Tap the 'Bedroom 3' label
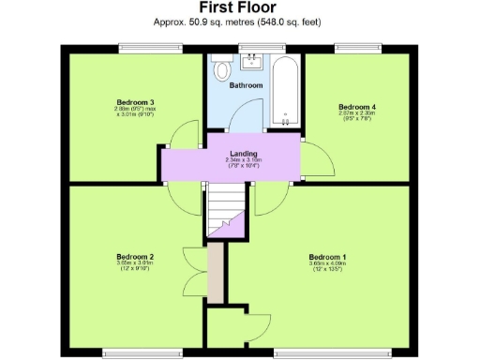[x=135, y=101]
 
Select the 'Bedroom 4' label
[x=356, y=107]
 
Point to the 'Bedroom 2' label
[x=135, y=256]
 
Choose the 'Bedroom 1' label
[x=329, y=256]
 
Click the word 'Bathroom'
[x=247, y=85]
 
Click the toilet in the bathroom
[x=222, y=69]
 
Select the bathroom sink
[x=251, y=63]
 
